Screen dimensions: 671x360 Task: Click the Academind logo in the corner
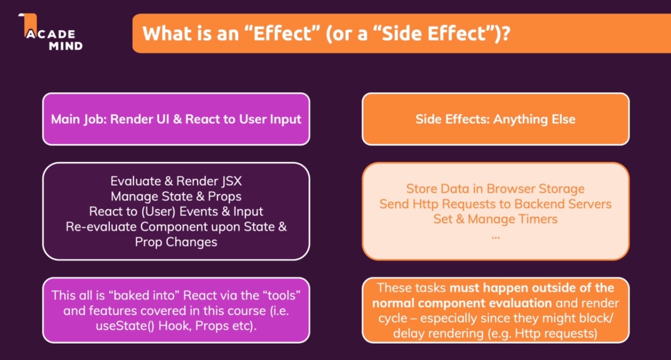point(50,32)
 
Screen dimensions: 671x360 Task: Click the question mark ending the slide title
point(505,33)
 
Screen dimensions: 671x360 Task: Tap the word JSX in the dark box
point(232,181)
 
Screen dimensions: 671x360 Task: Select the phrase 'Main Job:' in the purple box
point(79,120)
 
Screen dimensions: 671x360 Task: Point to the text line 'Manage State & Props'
point(176,197)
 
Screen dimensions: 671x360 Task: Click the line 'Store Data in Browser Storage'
point(495,189)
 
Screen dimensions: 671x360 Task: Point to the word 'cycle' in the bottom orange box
point(393,319)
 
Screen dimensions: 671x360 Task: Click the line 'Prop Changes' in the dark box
point(176,242)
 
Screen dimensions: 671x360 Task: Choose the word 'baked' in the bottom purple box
point(131,296)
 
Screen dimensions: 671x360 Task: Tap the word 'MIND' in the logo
point(66,46)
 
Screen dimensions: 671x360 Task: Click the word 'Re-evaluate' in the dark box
point(101,227)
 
